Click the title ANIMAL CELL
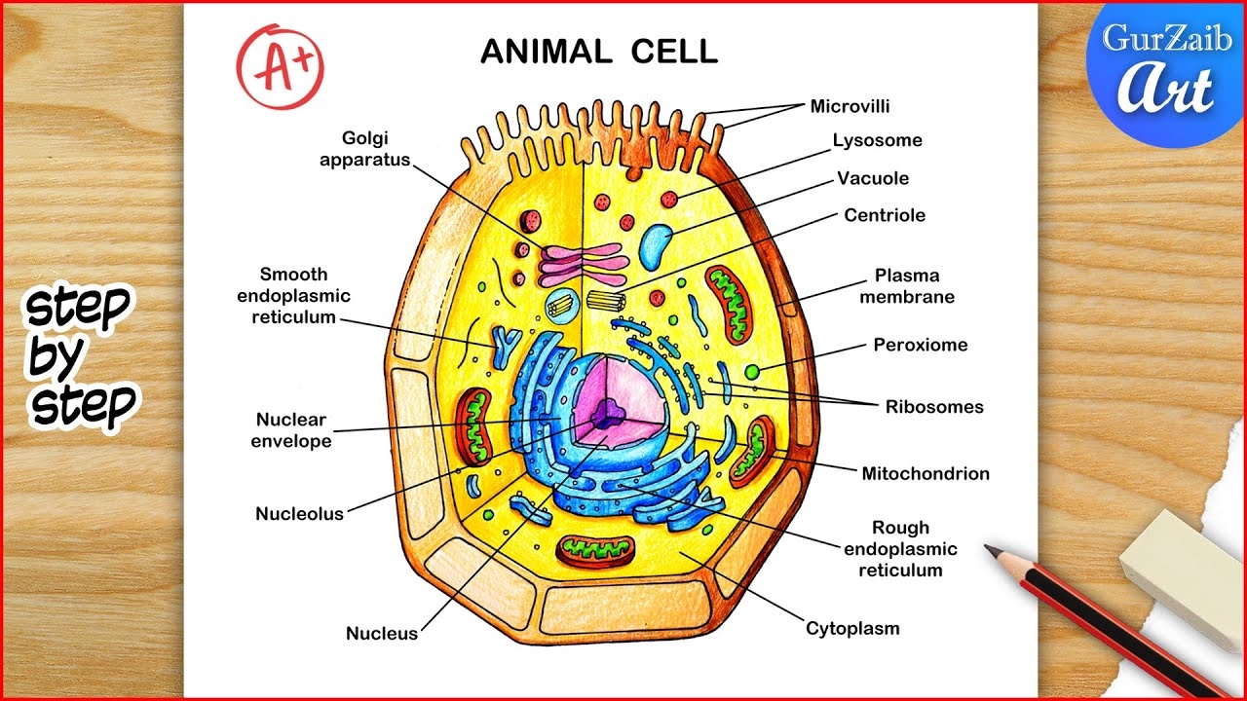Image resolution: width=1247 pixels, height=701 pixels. pos(599,52)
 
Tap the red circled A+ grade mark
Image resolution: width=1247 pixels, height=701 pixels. pos(279,66)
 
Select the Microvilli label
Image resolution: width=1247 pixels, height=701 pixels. pos(850,106)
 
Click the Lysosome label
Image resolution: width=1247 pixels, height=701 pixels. pos(877,140)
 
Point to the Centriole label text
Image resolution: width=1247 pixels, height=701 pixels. pos(885,215)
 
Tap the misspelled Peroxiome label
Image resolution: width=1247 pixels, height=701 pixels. pos(920,345)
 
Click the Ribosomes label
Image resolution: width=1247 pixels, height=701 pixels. pos(934,407)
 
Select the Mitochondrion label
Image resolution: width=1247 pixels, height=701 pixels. pos(925,474)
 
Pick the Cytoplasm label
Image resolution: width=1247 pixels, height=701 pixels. pos(852,628)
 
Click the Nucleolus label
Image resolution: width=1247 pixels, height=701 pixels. pos(299,513)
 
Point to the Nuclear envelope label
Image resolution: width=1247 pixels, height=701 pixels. pos(291,430)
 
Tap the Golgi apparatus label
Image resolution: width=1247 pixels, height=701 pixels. pos(365,149)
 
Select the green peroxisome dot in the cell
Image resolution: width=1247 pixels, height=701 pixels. pos(752,372)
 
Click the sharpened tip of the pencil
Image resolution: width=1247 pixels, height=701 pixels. pos(988,550)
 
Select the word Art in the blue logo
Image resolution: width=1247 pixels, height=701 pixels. pos(1165,91)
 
